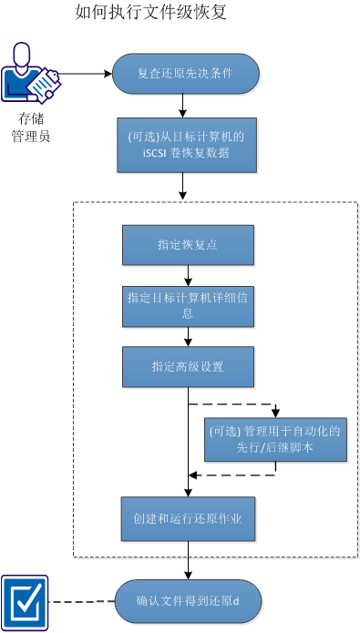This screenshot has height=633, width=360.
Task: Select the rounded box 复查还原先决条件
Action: pos(186,74)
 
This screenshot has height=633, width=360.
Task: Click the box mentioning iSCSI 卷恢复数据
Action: pos(187,145)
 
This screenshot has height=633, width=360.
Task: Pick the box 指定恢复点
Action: pos(187,245)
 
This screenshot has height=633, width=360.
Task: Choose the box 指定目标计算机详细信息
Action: pos(188,305)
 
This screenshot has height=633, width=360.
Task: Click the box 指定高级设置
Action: pos(188,366)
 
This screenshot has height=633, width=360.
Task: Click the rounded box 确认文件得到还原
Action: pos(188,601)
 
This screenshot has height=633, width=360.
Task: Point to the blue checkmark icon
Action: pos(25,601)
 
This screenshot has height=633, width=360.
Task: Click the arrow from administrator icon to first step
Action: pos(87,74)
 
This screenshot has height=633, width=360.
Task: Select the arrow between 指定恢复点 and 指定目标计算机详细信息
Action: pos(188,275)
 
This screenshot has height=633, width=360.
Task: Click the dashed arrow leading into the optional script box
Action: pos(237,403)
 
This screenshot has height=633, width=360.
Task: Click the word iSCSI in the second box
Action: pos(147,153)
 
